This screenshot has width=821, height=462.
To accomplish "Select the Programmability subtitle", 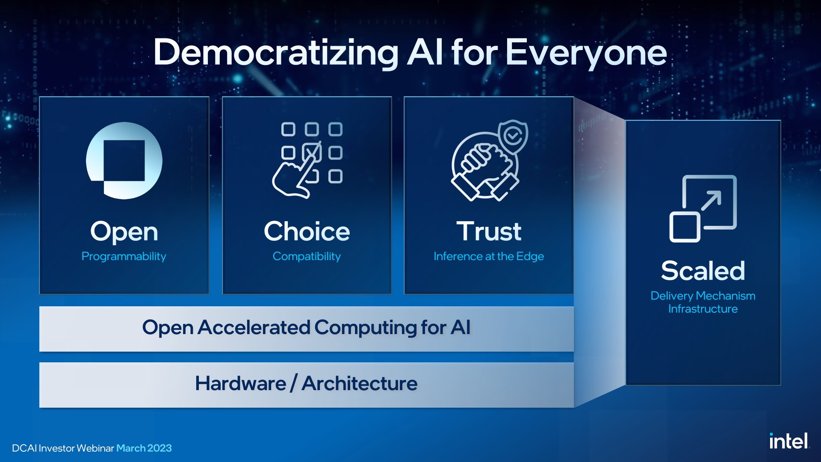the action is (124, 256).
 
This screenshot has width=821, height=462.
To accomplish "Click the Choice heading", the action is (307, 231).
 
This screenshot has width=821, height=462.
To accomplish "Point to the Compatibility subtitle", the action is (307, 256).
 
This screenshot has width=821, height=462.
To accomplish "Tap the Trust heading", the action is (489, 231).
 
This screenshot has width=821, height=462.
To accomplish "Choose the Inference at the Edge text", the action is (489, 256).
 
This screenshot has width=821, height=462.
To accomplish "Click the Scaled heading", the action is (703, 271).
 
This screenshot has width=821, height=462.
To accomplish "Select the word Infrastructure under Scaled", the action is (703, 309).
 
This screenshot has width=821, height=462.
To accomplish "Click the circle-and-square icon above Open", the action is (124, 161).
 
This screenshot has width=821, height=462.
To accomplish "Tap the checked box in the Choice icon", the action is (312, 152).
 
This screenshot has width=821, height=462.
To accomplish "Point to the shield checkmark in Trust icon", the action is (513, 136).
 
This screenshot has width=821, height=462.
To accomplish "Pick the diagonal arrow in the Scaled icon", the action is (711, 201).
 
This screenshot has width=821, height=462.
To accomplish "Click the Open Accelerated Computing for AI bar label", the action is (306, 328).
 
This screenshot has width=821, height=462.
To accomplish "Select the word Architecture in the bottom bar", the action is (359, 384).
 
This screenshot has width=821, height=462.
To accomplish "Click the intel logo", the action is (789, 441).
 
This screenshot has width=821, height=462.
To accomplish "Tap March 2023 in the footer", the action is (144, 448).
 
